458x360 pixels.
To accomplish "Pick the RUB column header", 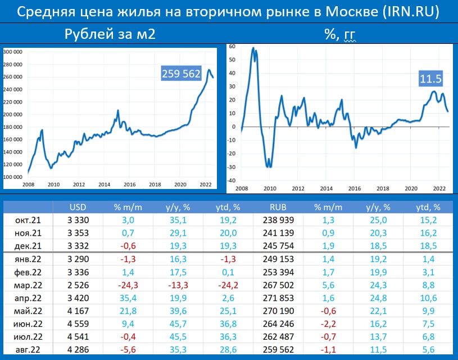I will coord(279,206).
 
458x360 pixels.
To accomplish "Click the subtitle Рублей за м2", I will coord(110,35).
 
